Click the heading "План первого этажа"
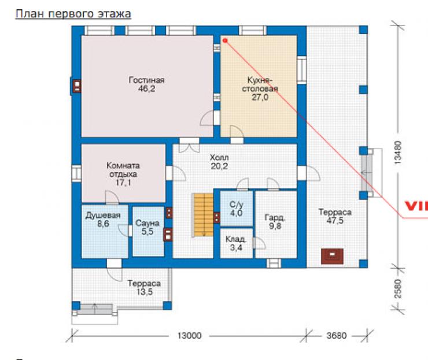tap(73, 14)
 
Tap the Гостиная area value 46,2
tap(146, 89)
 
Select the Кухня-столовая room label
tap(260, 84)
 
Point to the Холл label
tap(219, 157)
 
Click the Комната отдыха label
tap(123, 170)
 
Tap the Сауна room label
tap(147, 223)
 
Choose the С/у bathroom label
tap(236, 205)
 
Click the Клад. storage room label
tap(236, 239)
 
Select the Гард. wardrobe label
tap(275, 218)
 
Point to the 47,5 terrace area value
tap(335, 221)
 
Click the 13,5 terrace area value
tap(145, 292)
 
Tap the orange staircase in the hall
tap(204, 215)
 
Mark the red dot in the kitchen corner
tap(225, 40)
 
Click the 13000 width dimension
tap(190, 336)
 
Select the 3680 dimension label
tap(337, 336)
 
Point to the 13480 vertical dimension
tap(399, 152)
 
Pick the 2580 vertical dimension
tap(399, 288)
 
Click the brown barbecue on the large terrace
tap(332, 256)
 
